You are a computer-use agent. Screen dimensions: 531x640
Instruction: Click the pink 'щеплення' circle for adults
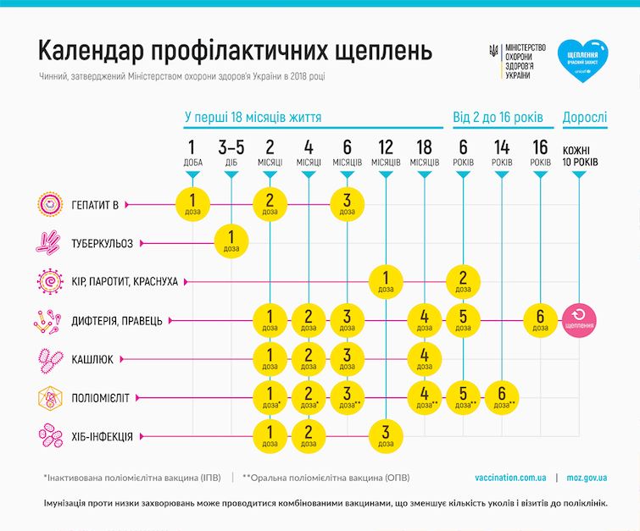pos(579,321)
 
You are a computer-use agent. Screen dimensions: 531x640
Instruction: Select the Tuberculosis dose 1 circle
pos(231,242)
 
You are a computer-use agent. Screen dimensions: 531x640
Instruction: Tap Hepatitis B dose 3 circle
pos(347,203)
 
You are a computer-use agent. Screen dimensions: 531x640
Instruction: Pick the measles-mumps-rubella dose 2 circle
pos(463,281)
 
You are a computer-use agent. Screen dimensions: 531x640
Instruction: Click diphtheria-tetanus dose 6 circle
pos(540,321)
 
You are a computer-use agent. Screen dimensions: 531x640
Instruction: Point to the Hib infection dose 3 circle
pos(386,436)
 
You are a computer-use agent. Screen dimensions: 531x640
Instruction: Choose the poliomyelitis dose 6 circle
pos(501,397)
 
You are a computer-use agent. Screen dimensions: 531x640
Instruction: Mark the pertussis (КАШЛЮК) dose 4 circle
pos(424,359)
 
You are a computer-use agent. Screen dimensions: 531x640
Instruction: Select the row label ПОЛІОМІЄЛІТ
pos(107,397)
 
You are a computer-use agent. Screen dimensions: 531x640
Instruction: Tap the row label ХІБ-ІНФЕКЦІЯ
pos(103,437)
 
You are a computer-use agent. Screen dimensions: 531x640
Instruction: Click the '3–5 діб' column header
pos(231,152)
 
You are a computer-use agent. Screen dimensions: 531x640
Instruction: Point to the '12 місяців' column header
pos(386,152)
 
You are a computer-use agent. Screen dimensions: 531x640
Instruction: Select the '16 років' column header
pos(540,152)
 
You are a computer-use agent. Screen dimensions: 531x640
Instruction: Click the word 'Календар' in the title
pos(92,53)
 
